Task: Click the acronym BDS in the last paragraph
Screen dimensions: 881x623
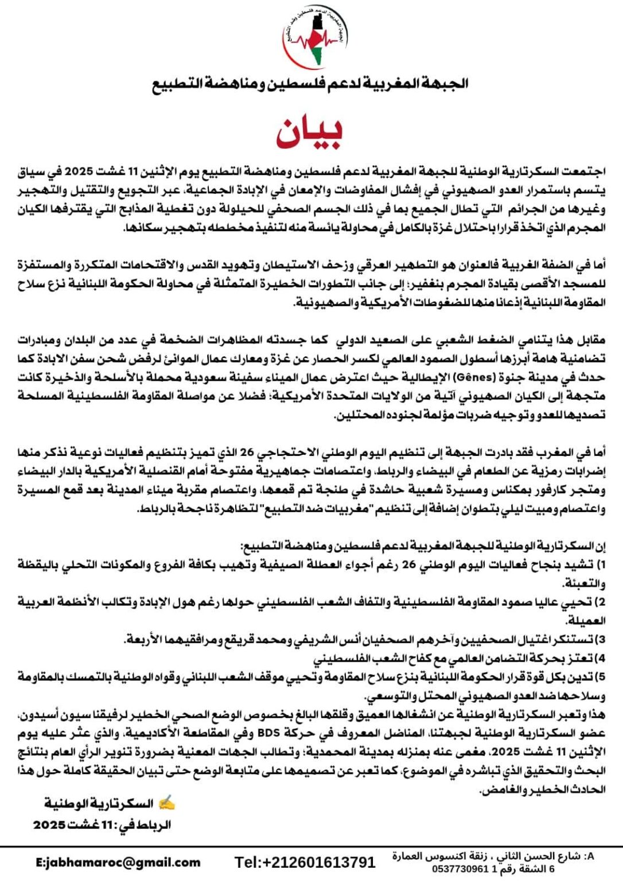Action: (268, 734)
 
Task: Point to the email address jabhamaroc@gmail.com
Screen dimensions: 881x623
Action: (118, 862)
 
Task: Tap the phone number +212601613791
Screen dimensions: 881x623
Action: (305, 862)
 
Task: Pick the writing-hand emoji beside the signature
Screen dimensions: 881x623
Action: (166, 803)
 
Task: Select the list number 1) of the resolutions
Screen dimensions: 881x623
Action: (601, 565)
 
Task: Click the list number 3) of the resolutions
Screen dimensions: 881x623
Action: (601, 640)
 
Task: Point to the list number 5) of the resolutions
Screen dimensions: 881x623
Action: (601, 677)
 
